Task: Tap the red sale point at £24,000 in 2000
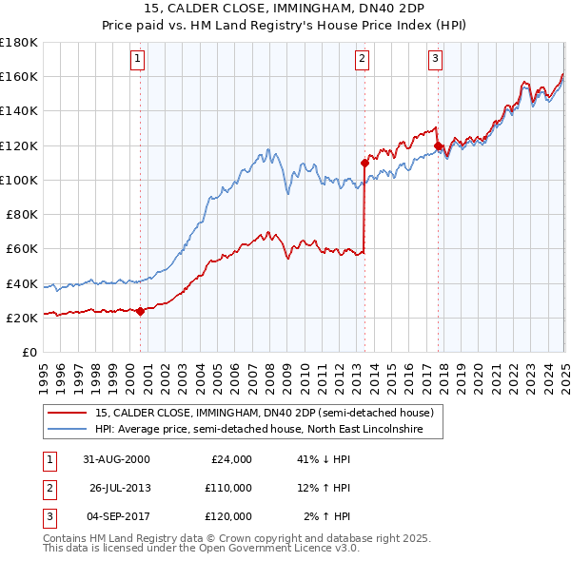click(x=141, y=310)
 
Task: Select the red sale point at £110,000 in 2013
click(x=364, y=163)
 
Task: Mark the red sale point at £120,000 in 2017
click(x=438, y=145)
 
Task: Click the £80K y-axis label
click(x=22, y=215)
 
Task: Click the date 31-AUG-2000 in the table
click(x=116, y=458)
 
